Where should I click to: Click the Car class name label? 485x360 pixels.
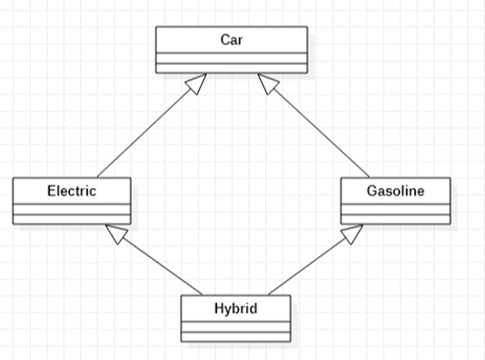(231, 40)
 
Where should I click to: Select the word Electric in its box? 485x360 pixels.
(71, 191)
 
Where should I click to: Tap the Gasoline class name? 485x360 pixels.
(395, 191)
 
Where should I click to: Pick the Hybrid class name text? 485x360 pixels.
(236, 309)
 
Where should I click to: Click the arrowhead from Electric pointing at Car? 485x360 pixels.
(196, 84)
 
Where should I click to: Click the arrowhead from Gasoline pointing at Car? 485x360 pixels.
(268, 84)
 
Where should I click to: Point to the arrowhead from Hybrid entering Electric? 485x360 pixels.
(116, 233)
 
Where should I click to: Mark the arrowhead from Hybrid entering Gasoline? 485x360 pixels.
(352, 233)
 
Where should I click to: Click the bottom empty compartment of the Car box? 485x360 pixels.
(231, 68)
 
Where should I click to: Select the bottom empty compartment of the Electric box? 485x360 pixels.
(71, 220)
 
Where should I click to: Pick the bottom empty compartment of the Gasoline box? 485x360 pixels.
(395, 220)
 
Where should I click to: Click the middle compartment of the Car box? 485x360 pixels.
(231, 58)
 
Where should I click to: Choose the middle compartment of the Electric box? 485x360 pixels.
(71, 210)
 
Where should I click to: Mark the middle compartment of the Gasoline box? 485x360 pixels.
(395, 210)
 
